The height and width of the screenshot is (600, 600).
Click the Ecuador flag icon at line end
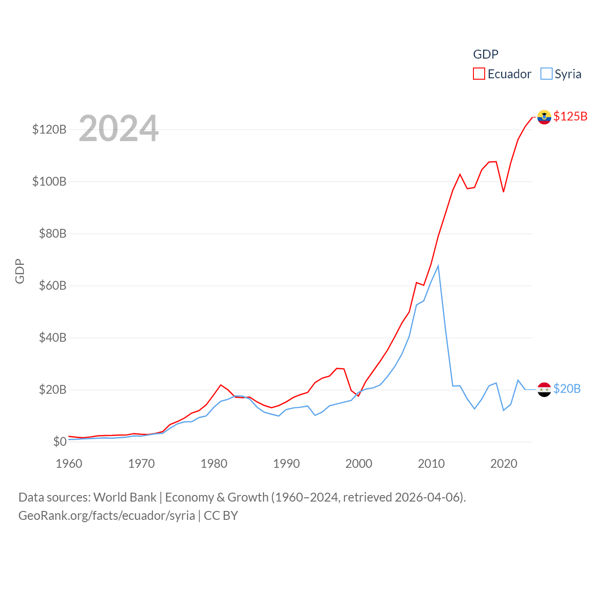(544, 117)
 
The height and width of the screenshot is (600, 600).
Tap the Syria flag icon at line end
(544, 390)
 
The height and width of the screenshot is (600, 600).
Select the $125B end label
(570, 116)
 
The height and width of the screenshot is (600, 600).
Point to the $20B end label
(567, 389)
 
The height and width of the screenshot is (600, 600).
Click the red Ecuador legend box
(479, 74)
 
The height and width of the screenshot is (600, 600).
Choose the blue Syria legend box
(546, 74)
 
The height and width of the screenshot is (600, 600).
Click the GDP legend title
(486, 54)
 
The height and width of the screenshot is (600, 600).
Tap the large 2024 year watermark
(119, 128)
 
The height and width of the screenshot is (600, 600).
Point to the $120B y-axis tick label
(49, 129)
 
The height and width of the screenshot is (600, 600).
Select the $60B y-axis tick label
(52, 285)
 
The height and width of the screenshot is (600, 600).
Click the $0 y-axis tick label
(60, 442)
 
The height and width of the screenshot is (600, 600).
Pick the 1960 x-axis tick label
(69, 464)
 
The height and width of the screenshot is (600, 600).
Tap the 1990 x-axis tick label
(286, 464)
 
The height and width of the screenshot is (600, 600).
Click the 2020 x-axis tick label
(504, 464)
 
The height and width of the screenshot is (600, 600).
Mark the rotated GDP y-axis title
(20, 271)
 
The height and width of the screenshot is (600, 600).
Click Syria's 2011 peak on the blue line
(438, 266)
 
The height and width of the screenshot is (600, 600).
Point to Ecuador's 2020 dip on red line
(503, 192)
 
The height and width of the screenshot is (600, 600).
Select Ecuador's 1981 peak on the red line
(221, 385)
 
